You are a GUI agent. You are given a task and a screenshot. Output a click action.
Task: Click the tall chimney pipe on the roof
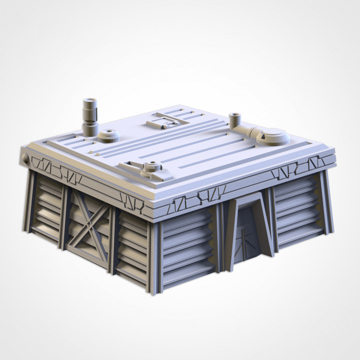coord(90,116)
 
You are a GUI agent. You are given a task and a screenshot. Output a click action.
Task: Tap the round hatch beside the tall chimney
coord(109,135)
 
